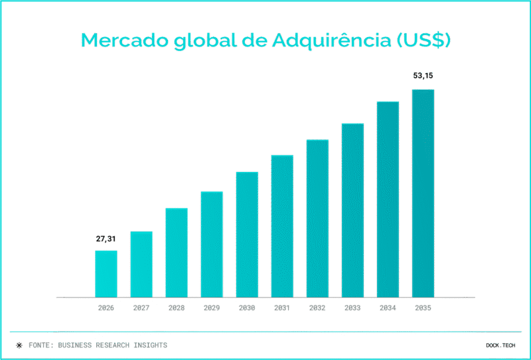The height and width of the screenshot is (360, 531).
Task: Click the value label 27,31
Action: [x=106, y=238]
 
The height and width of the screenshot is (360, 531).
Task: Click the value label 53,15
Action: [x=423, y=76]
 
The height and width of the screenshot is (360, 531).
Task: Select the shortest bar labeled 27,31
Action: [x=106, y=274]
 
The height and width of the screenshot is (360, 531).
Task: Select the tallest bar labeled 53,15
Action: [x=423, y=193]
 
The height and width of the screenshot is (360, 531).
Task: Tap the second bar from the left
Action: [x=141, y=264]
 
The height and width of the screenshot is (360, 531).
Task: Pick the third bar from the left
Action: [x=177, y=252]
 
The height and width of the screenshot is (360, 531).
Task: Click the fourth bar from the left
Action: [x=212, y=244]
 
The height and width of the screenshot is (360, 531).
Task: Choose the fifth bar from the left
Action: [x=247, y=234]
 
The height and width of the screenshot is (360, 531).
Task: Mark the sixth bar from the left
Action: [x=282, y=226]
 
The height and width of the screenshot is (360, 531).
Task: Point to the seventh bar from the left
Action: [x=317, y=218]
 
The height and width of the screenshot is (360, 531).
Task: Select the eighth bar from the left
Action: [x=352, y=210]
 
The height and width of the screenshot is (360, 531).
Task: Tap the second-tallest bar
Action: [x=388, y=199]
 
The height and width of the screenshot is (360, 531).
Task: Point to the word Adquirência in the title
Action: [x=325, y=40]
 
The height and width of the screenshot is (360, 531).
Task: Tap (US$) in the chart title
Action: [x=423, y=40]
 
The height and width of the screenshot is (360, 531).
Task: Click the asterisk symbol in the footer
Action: [x=19, y=345]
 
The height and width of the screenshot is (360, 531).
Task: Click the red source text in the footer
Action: [x=112, y=345]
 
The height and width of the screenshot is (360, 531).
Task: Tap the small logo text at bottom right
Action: [x=500, y=345]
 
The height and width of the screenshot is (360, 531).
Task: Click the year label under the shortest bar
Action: [x=106, y=308]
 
